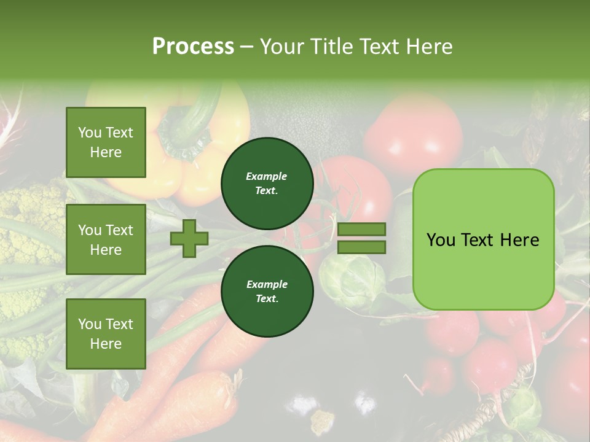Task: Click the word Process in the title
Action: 193,46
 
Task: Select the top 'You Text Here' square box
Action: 106,142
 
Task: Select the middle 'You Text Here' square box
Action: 106,239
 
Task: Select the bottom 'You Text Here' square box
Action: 106,333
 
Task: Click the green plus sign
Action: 189,238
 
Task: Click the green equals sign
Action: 361,238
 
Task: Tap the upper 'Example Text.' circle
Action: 267,184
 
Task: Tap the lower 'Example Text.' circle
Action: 267,292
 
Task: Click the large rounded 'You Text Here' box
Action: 483,239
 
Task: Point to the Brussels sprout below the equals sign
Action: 347,279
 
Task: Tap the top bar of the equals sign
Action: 361,230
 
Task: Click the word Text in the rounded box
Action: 483,239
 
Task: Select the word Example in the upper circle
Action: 267,177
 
